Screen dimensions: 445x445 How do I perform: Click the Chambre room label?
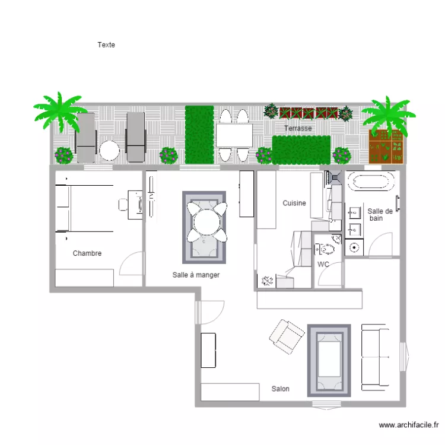coord(87,253)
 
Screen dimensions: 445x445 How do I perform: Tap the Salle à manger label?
coord(196,275)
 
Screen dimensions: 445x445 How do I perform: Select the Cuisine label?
coord(294,203)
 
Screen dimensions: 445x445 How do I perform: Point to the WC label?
coord(323,264)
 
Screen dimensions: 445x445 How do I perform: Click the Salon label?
coord(281,389)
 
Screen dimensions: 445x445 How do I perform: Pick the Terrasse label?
coord(298,128)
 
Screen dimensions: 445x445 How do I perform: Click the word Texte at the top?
coord(106,45)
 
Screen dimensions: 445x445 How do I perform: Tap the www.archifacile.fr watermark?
coord(409,425)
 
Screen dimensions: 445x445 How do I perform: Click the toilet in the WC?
coord(325,249)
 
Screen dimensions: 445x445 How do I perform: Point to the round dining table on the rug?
coord(207,222)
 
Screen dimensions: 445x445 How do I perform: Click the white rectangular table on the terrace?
coord(234,136)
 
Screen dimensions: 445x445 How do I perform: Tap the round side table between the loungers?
coord(109,151)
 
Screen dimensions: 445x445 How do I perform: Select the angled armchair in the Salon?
coord(287,336)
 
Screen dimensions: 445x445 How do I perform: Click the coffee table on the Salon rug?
coord(329,359)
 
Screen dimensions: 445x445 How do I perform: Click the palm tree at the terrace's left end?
coord(59,112)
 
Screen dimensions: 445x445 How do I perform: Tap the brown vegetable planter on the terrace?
coord(386,147)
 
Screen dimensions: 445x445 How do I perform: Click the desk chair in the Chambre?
coord(123,205)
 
